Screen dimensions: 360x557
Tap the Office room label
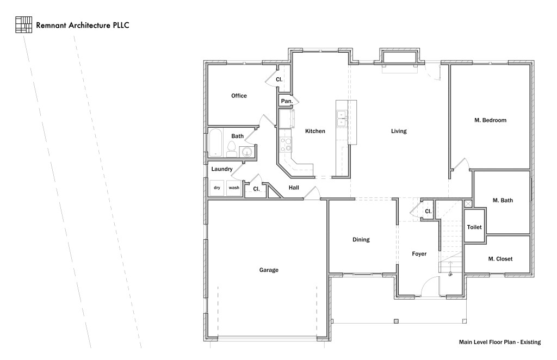click(239, 96)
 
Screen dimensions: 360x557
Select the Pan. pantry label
click(287, 101)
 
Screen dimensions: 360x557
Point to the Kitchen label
click(315, 131)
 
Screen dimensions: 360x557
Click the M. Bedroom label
click(490, 120)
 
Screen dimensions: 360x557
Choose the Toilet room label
click(474, 227)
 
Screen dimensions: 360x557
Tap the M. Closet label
click(500, 259)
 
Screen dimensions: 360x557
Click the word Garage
click(269, 270)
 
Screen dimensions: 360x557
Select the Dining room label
click(361, 239)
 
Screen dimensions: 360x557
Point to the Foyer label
click(419, 254)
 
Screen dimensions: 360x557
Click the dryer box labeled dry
click(217, 188)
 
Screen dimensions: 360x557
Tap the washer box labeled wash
click(234, 188)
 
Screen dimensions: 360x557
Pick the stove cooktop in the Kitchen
click(286, 144)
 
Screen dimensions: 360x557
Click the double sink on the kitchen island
click(342, 118)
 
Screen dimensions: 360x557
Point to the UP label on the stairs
click(450, 275)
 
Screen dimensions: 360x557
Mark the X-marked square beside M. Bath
click(468, 203)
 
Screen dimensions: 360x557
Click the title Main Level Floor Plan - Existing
click(499, 342)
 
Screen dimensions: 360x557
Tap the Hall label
click(294, 188)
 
